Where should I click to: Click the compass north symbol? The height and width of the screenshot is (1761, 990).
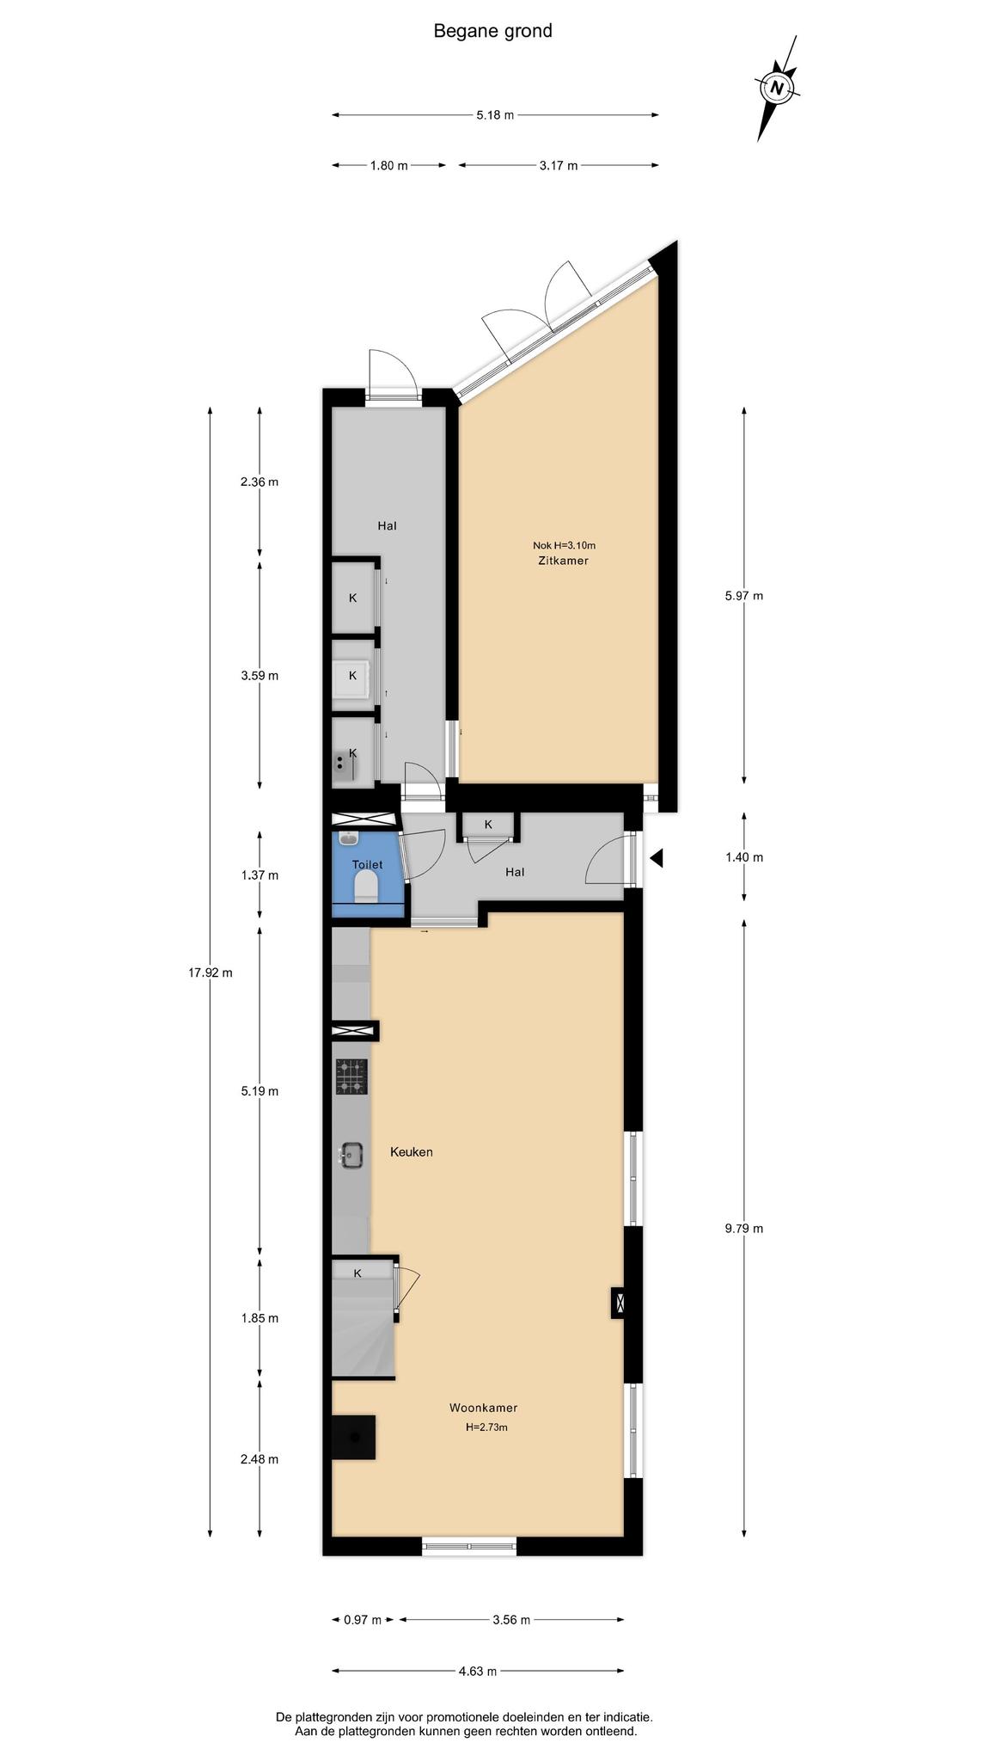778,88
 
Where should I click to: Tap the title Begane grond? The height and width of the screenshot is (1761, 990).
492,31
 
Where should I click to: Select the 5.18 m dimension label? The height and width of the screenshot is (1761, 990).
495,115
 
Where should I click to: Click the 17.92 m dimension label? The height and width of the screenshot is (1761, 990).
211,973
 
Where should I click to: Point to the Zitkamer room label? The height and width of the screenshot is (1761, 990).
565,561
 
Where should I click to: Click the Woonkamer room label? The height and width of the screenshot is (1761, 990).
483,1408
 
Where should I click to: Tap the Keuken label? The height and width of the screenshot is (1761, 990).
412,1151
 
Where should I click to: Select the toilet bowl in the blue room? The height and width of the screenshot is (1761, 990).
367,886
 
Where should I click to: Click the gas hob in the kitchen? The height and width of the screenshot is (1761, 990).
351,1077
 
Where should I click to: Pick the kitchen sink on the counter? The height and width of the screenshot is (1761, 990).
352,1156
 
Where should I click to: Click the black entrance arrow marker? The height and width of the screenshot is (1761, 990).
657,857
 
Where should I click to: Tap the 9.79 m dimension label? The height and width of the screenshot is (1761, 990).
744,1228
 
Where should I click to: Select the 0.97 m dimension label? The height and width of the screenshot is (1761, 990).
362,1620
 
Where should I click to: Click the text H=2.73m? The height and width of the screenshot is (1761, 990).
486,1427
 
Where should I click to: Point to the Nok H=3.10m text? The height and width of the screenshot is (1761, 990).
565,544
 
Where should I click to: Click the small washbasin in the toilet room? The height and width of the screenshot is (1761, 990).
349,838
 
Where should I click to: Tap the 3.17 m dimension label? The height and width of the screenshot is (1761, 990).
559,165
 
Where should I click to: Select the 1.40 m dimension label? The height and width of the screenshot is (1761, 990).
744,857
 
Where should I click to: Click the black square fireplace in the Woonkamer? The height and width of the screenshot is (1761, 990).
353,1437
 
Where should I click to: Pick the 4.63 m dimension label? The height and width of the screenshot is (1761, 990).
478,1672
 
